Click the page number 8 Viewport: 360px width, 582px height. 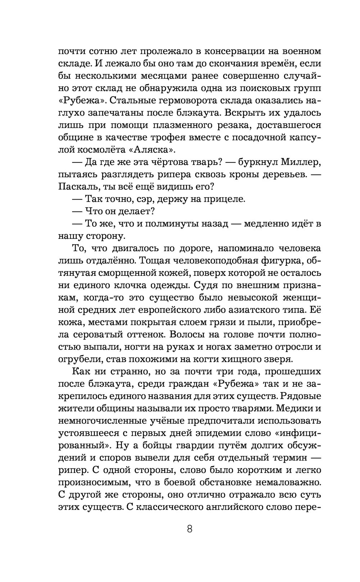pos(190,529)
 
